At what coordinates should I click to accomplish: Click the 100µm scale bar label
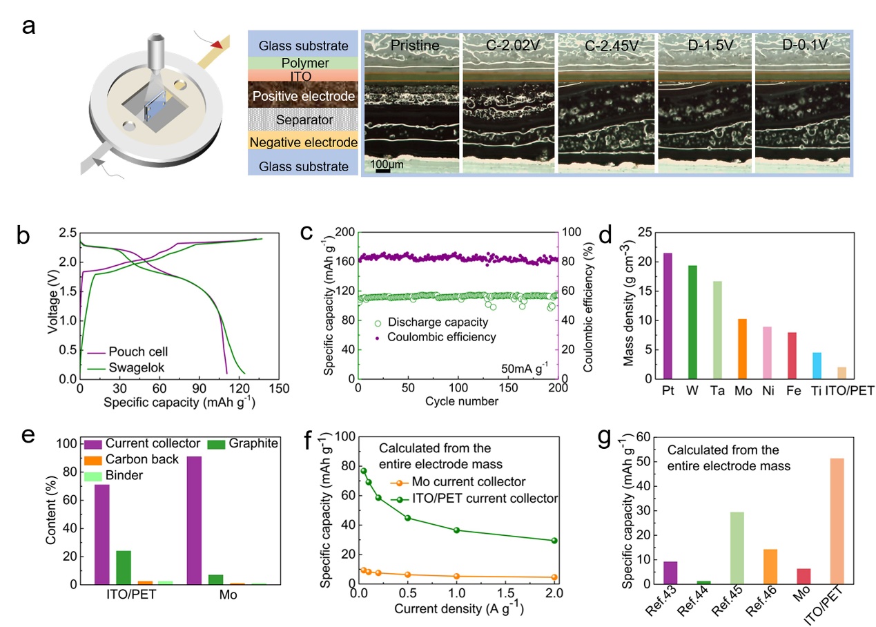coord(388,165)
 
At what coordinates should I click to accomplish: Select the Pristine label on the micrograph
coord(415,46)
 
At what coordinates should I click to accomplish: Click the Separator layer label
coord(304,119)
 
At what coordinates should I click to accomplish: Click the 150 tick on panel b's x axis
coord(279,389)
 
